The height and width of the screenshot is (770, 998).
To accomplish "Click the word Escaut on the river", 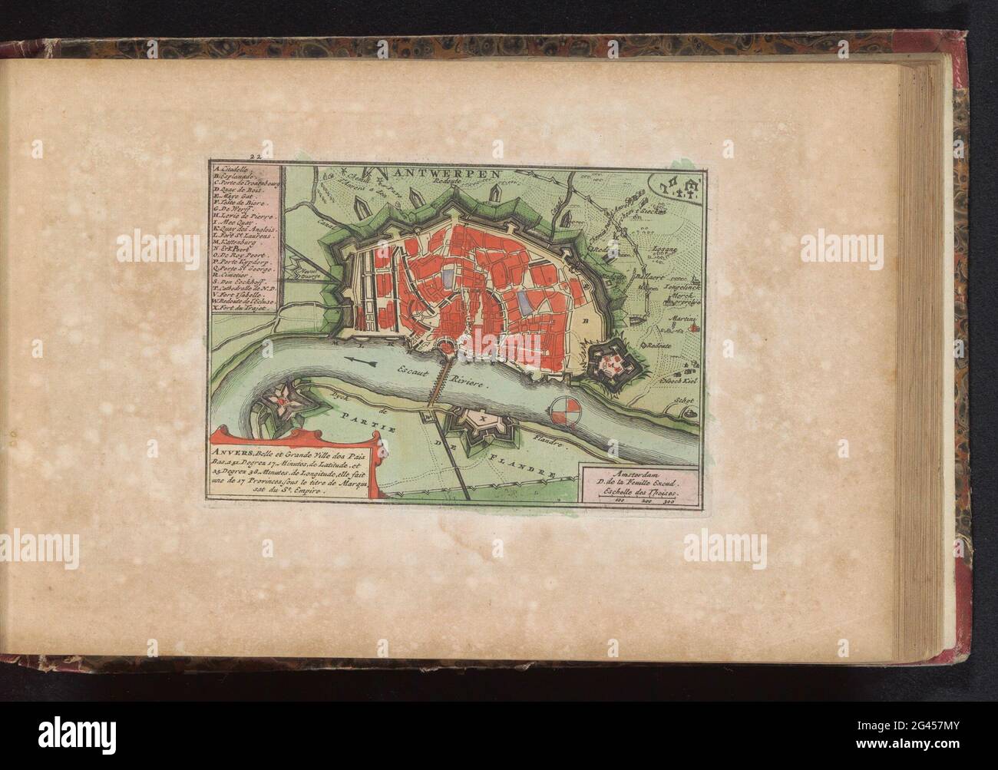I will click(x=411, y=372).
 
